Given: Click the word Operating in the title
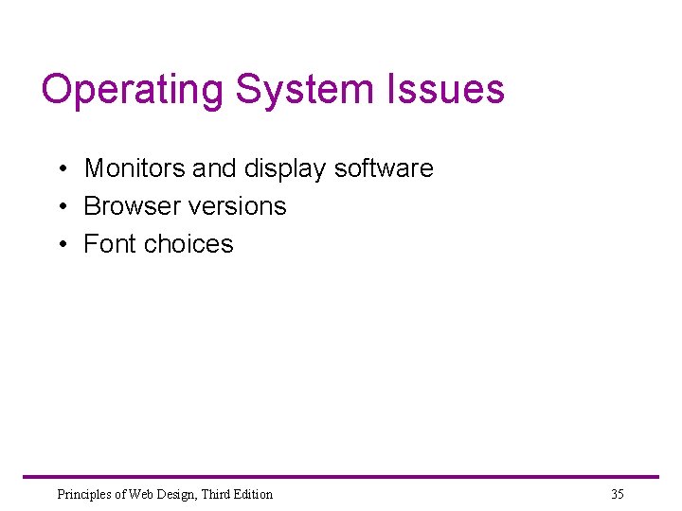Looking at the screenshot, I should click(134, 91).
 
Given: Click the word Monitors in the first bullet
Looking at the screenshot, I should click(135, 168).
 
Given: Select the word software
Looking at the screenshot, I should click(385, 168).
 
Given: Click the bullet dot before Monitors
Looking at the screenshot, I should click(60, 169).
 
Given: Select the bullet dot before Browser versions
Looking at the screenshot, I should click(60, 207).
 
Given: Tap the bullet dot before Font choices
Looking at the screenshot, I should click(60, 245).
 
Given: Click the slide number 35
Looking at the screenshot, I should click(618, 494).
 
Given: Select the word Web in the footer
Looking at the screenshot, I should click(138, 494).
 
